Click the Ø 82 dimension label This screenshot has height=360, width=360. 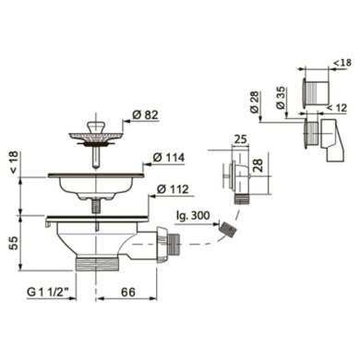click(x=145, y=114)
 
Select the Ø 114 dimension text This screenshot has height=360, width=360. click(x=169, y=158)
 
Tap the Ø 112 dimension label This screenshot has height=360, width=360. click(x=173, y=189)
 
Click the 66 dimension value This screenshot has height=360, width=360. click(x=127, y=292)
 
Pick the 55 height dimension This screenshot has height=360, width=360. click(x=16, y=243)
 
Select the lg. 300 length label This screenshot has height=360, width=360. click(x=193, y=215)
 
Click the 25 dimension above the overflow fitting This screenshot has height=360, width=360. click(x=240, y=139)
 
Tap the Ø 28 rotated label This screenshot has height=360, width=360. click(x=256, y=102)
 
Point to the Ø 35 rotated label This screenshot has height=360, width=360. click(x=282, y=97)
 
